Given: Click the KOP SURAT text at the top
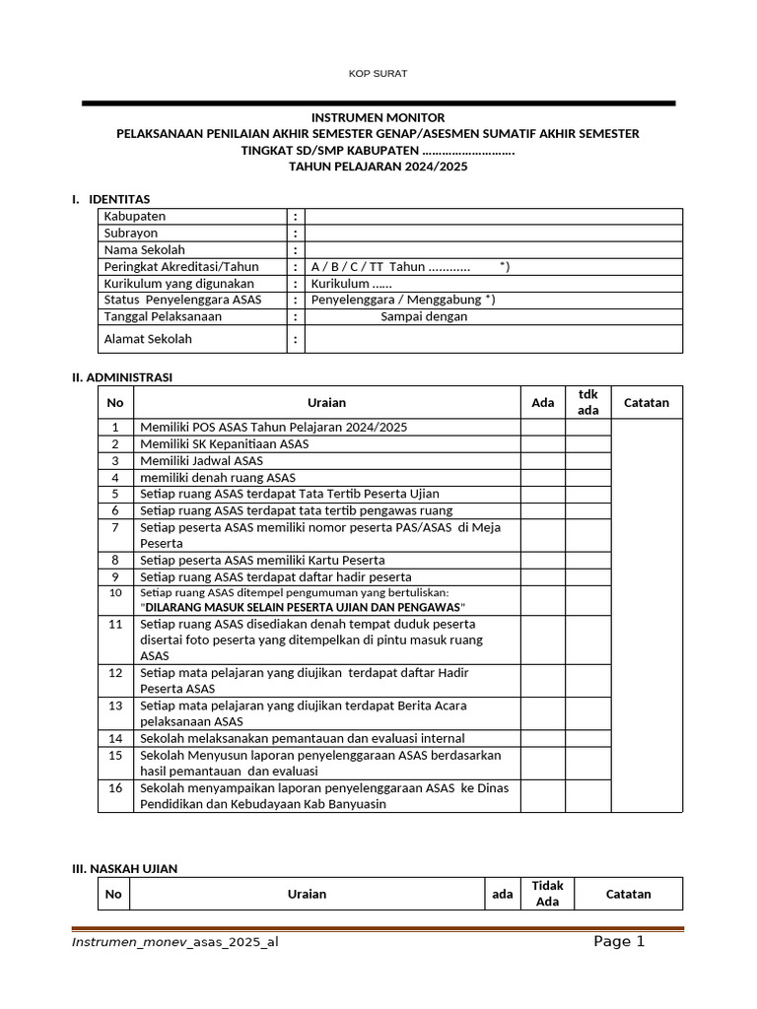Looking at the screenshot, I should click(x=378, y=74).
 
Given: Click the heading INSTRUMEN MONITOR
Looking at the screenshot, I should click(x=378, y=117).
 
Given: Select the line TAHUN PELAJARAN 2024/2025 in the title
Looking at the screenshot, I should click(x=378, y=168).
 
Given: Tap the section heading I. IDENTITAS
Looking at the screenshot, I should click(x=110, y=199).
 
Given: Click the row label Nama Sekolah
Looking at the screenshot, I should click(x=145, y=249).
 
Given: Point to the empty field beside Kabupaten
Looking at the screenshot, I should click(x=493, y=216).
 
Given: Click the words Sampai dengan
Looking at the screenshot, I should click(x=424, y=316).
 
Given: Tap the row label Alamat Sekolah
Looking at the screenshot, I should click(x=148, y=339).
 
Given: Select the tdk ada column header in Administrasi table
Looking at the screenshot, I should click(x=587, y=402).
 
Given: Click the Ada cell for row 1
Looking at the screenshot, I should click(x=543, y=428).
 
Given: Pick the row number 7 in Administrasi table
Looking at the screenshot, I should click(x=115, y=527).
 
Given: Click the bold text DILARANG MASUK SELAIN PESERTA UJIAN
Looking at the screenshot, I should click(x=301, y=608).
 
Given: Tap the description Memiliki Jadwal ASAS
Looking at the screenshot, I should click(x=202, y=460).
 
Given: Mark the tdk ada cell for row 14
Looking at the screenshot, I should click(x=587, y=738).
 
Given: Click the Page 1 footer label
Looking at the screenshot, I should click(x=619, y=942).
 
